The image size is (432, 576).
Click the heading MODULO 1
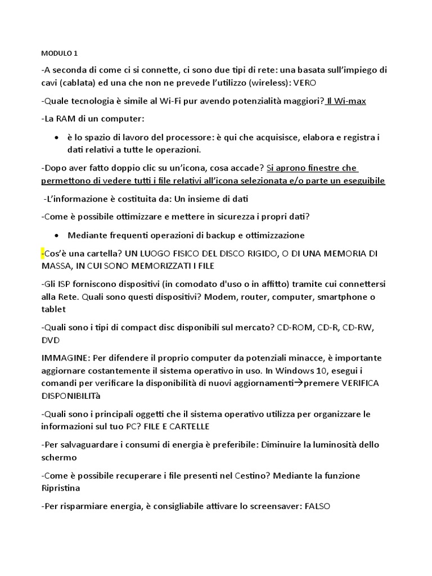click(60, 54)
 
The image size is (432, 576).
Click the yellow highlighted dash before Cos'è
click(43, 254)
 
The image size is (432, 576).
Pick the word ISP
click(64, 284)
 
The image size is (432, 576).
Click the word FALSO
click(317, 506)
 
